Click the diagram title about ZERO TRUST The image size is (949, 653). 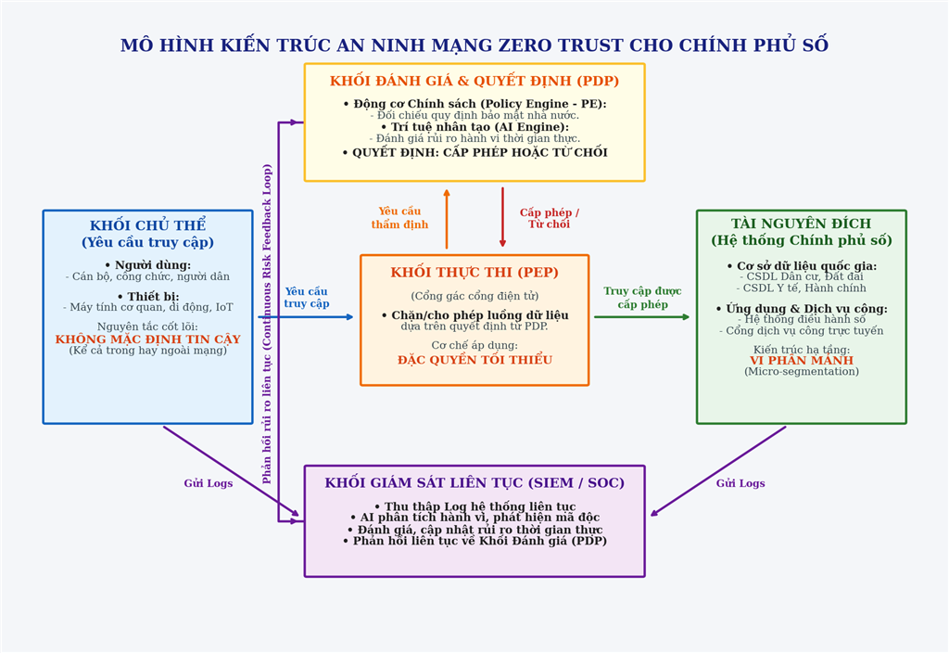(x=474, y=45)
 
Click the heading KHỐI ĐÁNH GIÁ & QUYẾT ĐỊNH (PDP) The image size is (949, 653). (x=474, y=81)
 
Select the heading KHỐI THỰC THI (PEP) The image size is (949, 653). (x=474, y=272)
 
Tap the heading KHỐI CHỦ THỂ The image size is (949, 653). (x=147, y=225)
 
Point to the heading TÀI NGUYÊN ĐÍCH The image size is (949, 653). (x=802, y=224)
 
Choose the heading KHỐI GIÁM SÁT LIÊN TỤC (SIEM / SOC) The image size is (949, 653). (x=474, y=482)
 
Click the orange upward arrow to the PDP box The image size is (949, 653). (x=447, y=219)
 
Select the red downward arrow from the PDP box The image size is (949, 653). (x=502, y=217)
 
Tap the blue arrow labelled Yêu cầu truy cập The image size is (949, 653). (x=306, y=317)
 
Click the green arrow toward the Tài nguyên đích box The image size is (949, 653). (x=642, y=317)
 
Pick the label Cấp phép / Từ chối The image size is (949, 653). (x=549, y=218)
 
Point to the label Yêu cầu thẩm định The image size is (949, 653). (x=399, y=218)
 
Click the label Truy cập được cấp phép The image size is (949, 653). (x=642, y=298)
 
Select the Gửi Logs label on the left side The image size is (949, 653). (x=209, y=483)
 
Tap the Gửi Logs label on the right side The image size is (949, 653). (x=740, y=483)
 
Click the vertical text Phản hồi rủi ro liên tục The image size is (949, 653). (x=267, y=324)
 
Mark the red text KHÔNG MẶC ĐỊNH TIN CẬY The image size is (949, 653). (x=147, y=339)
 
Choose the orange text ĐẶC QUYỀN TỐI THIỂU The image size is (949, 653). (x=474, y=360)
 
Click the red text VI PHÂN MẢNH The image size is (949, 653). (x=802, y=361)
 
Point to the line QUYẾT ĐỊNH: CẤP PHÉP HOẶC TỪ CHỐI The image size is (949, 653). (x=474, y=153)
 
